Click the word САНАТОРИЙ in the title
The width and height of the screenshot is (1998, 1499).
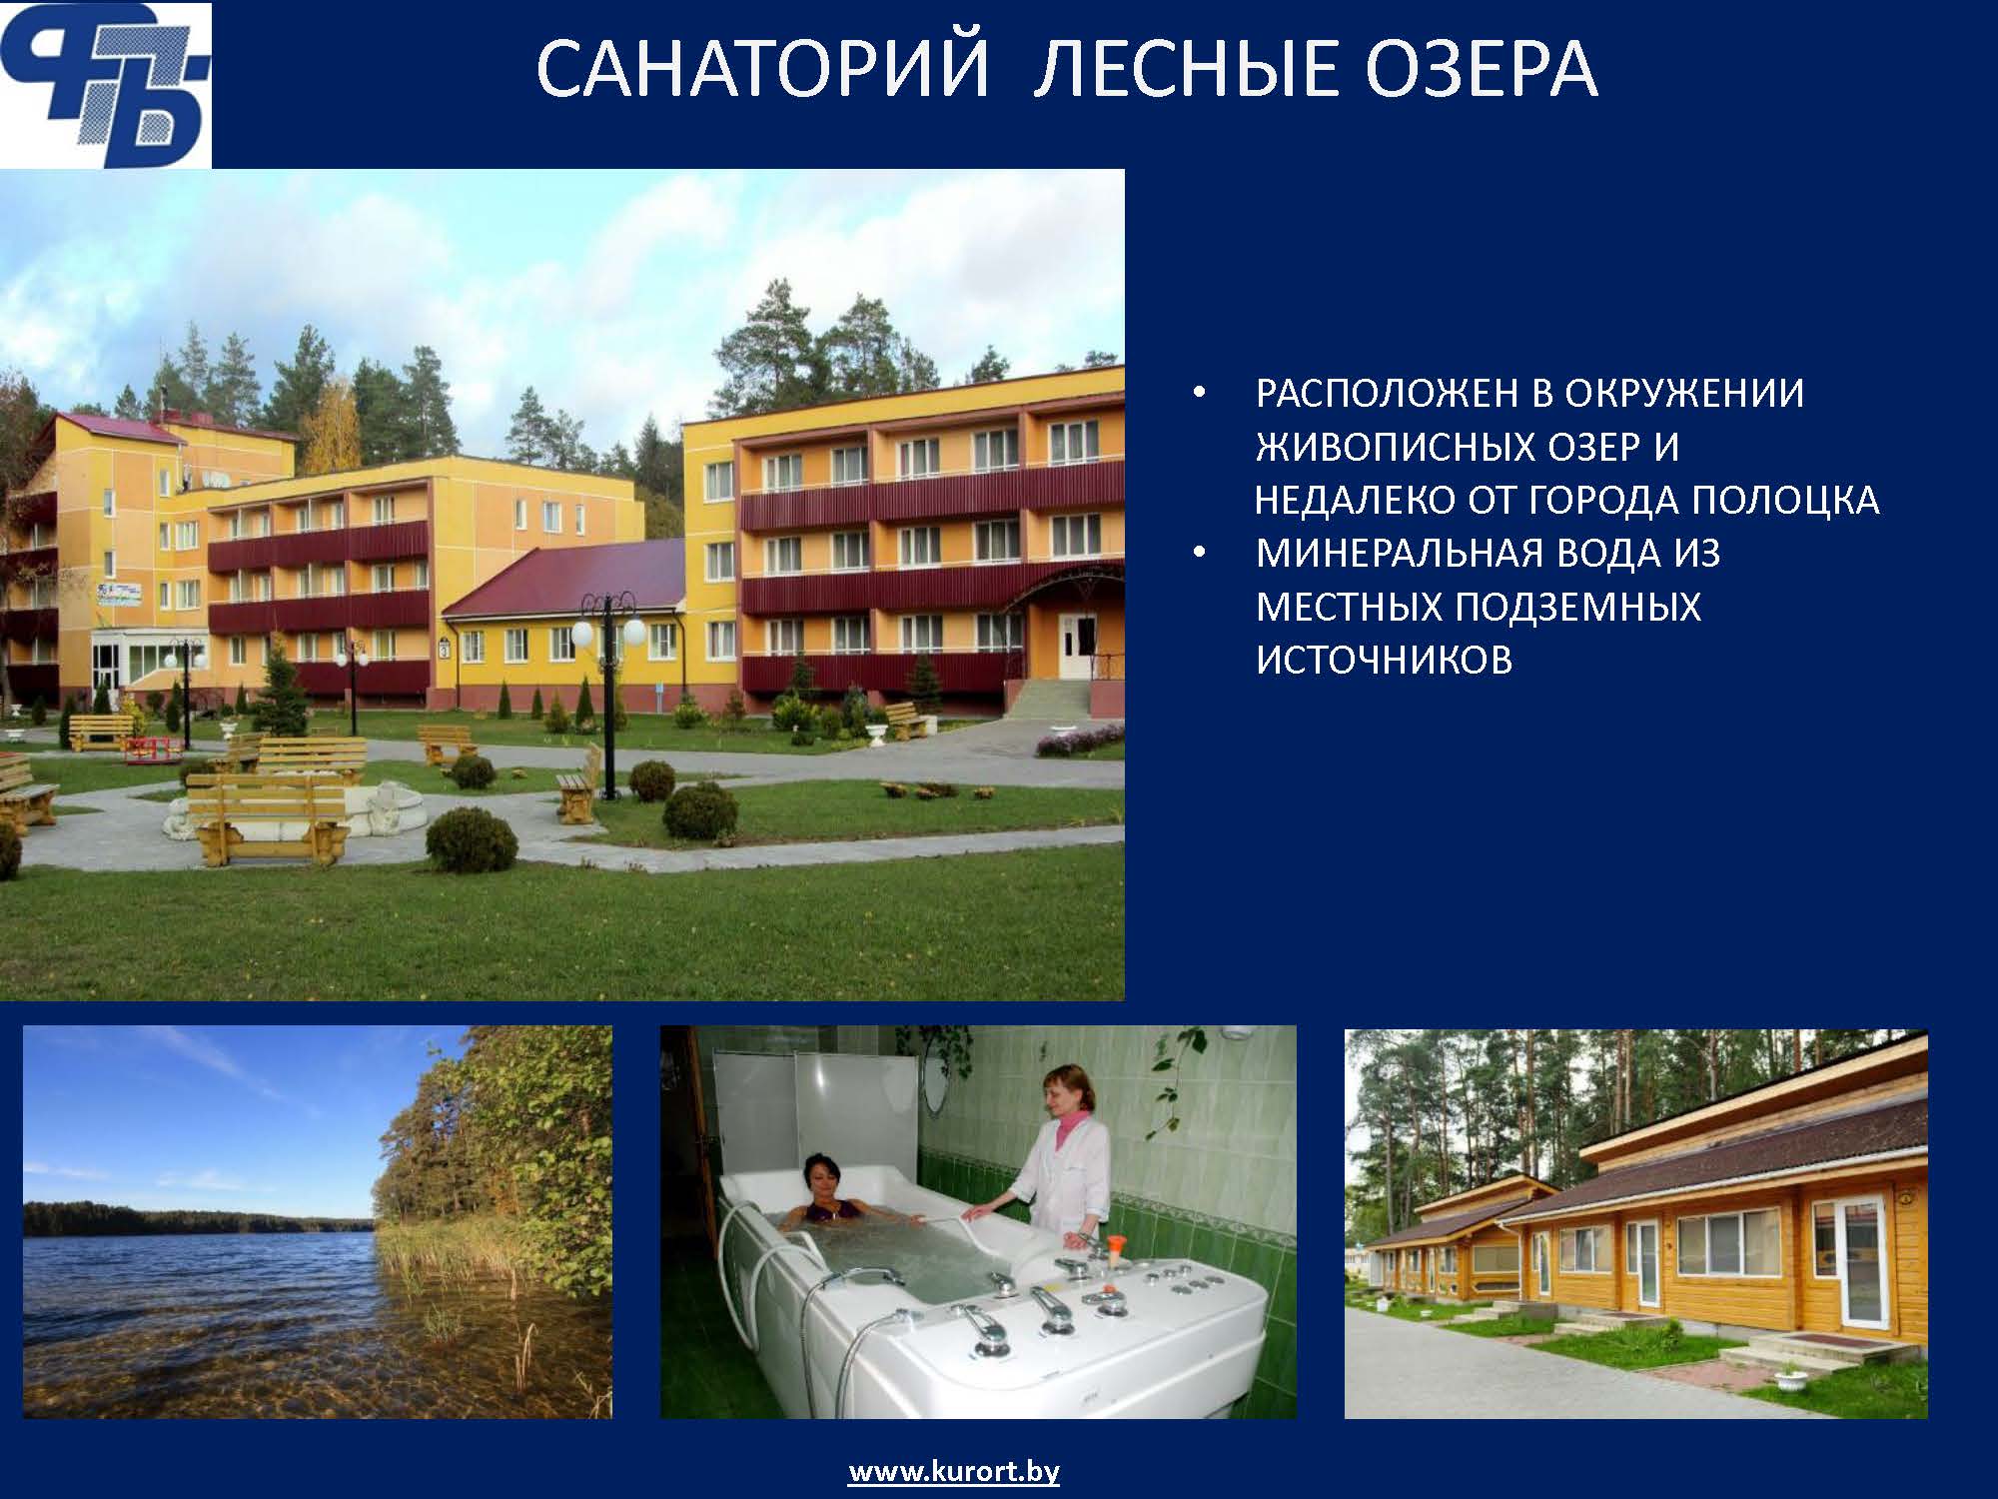pyautogui.click(x=761, y=70)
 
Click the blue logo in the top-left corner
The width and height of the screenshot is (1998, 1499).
pyautogui.click(x=105, y=85)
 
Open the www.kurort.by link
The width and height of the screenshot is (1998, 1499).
pyautogui.click(x=954, y=1472)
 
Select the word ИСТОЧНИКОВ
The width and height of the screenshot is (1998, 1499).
pyautogui.click(x=1385, y=660)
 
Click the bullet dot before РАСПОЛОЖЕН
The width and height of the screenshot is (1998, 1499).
pyautogui.click(x=1200, y=394)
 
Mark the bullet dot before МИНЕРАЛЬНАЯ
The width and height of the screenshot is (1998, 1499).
pyautogui.click(x=1200, y=554)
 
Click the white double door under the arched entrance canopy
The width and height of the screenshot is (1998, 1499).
pyautogui.click(x=1078, y=647)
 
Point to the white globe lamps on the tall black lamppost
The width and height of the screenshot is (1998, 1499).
pyautogui.click(x=608, y=634)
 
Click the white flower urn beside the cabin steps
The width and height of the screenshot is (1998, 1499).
pyautogui.click(x=1790, y=1382)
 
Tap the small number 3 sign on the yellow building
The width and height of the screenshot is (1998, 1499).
pyautogui.click(x=444, y=649)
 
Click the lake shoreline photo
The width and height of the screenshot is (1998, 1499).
pyautogui.click(x=318, y=1222)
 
